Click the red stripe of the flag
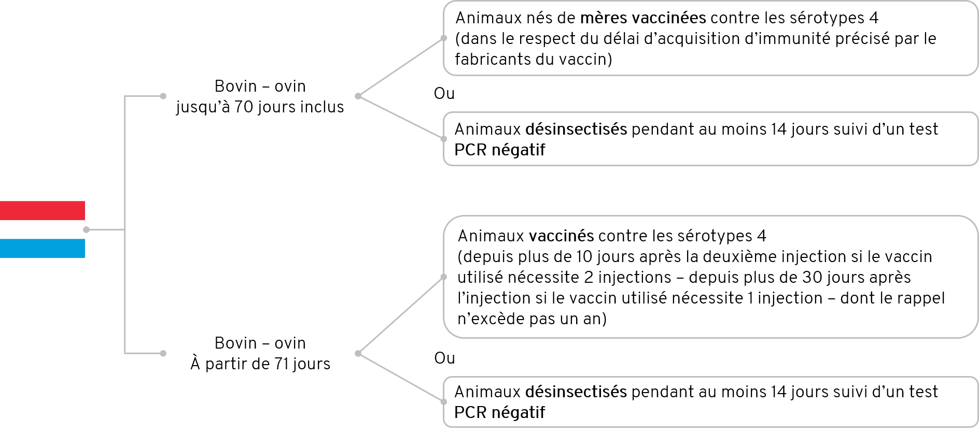[43, 210]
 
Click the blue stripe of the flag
[43, 248]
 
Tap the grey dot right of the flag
[86, 229]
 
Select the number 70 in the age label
[244, 107]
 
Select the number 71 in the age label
[282, 364]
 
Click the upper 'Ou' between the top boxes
[444, 93]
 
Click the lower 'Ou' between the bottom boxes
[444, 358]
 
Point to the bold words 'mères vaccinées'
[643, 18]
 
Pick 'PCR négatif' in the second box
[500, 150]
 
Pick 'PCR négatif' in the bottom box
[500, 413]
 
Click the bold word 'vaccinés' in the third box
[562, 236]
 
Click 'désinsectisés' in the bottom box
[576, 392]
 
